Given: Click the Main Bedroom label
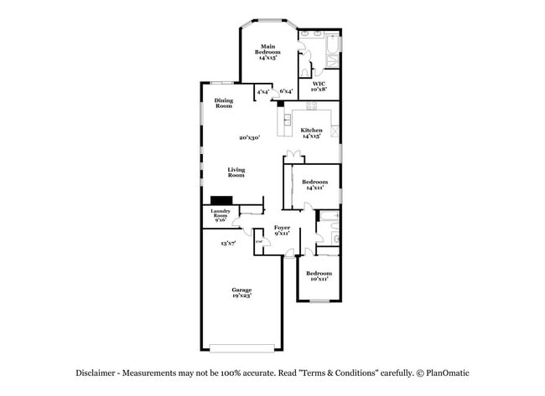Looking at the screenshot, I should pos(267,53).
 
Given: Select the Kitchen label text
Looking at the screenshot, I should pos(312,132).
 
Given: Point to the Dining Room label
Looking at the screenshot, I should pos(223,104).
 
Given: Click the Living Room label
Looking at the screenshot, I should pos(236,172).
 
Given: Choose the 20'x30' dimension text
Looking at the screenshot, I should pos(249,138).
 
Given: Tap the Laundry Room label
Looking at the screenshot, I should pos(221,216).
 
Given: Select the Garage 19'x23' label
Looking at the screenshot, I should pos(242,292).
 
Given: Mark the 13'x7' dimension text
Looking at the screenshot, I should pos(228,244).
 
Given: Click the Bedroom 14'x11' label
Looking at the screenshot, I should pos(314,185).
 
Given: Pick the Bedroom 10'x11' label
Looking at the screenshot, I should pos(319,276).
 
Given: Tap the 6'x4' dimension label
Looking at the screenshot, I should pos(286,91).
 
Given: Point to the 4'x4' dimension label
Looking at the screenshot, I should pos(263,91).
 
